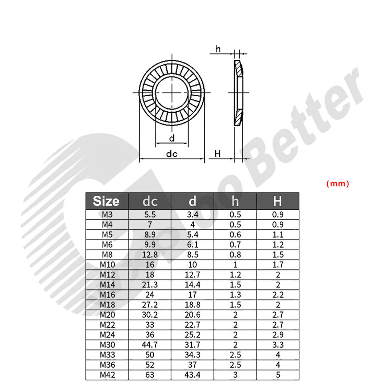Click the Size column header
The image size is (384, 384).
[106, 201]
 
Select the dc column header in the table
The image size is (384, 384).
[150, 201]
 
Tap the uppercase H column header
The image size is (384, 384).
[278, 201]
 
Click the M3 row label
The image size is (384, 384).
[107, 215]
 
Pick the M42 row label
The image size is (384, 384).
[107, 375]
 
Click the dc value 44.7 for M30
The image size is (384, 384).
[150, 345]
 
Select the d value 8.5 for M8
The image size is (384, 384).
[192, 255]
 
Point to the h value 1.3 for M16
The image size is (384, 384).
[235, 295]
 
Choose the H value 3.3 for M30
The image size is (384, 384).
[278, 345]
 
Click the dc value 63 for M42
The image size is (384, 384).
[150, 375]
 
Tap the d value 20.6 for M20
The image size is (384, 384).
[192, 315]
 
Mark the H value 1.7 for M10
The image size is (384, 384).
[278, 265]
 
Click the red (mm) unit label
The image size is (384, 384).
[337, 183]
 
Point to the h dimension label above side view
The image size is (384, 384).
[218, 49]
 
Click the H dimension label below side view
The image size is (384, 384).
[218, 154]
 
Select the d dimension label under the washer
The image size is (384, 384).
[172, 138]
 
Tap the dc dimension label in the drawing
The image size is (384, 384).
[171, 154]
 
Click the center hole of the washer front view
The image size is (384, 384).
[172, 92]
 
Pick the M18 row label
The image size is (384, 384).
[107, 305]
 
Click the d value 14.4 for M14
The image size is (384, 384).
[192, 285]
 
